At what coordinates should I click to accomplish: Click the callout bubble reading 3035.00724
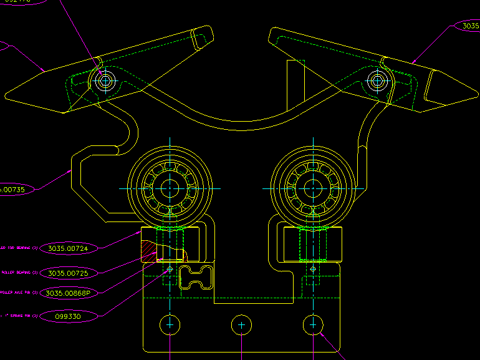pos(69,248)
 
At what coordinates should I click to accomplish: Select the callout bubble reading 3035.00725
pos(69,273)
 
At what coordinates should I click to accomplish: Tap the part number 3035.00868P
pos(69,293)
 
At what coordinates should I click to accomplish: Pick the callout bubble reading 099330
pos(69,316)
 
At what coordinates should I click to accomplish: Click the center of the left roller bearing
pos(170,188)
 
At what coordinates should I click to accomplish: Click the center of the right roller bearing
pos(312,188)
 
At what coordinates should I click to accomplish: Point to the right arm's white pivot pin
pos(376,80)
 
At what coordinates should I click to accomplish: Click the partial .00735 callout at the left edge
pos(16,189)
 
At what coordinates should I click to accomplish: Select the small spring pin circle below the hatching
pos(170,270)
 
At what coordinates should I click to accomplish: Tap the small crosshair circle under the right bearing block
pos(312,269)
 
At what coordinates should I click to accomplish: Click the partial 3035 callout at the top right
pos(468,26)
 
